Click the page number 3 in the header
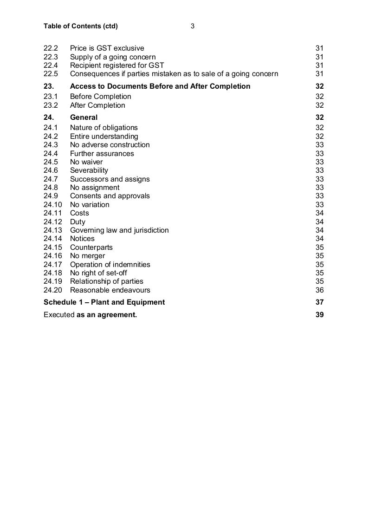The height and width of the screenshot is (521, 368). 192,26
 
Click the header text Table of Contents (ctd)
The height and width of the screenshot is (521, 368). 81,26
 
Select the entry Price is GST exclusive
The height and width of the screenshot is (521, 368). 107,48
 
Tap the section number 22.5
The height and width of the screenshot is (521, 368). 51,74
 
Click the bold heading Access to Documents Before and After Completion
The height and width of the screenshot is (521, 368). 160,86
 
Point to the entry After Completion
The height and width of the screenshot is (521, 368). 97,105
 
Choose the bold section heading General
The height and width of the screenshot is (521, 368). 84,117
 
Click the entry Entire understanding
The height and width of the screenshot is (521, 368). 104,137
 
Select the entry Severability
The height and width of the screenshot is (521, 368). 89,170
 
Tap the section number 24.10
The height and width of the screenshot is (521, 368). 52,205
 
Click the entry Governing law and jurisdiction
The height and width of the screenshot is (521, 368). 119,230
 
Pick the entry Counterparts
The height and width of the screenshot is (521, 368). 91,247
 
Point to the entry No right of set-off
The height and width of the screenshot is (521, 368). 98,273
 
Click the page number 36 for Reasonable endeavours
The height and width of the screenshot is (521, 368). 319,290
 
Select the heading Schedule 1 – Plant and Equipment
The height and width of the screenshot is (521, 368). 104,302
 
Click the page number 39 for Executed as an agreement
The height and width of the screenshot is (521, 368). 319,315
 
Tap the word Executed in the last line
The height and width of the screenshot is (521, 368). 59,315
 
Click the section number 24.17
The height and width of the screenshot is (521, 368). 52,265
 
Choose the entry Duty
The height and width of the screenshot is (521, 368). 77,222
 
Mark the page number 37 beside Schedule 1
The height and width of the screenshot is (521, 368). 319,302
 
